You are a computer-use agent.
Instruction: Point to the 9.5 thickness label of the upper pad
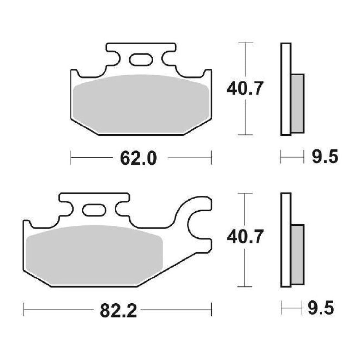[324, 157]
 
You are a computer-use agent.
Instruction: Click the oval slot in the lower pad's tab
[94, 210]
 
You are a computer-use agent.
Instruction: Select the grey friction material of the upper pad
[141, 104]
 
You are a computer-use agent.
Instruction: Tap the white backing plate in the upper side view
[286, 89]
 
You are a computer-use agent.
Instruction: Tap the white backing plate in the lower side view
[286, 240]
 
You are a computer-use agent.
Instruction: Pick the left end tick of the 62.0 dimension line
[71, 157]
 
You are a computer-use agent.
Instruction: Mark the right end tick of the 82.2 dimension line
[211, 309]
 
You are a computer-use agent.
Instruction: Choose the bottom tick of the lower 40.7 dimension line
[245, 287]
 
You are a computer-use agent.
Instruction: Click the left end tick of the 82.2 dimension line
[23, 309]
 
